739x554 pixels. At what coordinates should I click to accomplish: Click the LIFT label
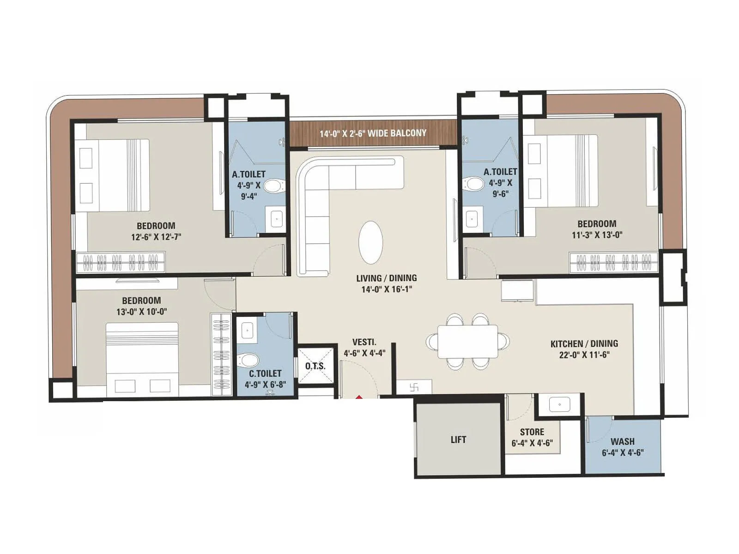pyautogui.click(x=458, y=440)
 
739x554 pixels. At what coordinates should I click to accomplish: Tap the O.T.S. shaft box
pyautogui.click(x=315, y=366)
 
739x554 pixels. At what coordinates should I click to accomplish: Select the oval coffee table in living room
pyautogui.click(x=370, y=242)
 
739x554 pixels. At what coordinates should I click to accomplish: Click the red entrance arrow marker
pyautogui.click(x=359, y=397)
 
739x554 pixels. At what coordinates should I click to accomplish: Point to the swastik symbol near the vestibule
pyautogui.click(x=414, y=387)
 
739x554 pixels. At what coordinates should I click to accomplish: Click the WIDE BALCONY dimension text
pyautogui.click(x=373, y=133)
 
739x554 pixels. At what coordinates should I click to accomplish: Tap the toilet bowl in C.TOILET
pyautogui.click(x=249, y=360)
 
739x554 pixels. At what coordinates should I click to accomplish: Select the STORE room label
pyautogui.click(x=532, y=432)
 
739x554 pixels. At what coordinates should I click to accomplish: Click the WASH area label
pyautogui.click(x=622, y=441)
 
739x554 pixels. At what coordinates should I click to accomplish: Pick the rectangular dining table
pyautogui.click(x=467, y=341)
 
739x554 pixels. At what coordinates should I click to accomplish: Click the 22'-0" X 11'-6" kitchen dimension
pyautogui.click(x=584, y=355)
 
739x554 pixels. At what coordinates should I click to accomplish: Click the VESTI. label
pyautogui.click(x=364, y=342)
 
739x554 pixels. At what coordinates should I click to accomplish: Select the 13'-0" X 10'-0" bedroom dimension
pyautogui.click(x=141, y=312)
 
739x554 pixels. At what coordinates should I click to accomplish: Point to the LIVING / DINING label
pyautogui.click(x=386, y=278)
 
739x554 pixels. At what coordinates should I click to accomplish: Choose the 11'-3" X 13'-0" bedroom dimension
pyautogui.click(x=597, y=235)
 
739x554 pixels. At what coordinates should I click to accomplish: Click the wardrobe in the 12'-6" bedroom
pyautogui.click(x=120, y=263)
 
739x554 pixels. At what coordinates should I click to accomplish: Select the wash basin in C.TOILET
pyautogui.click(x=247, y=331)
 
